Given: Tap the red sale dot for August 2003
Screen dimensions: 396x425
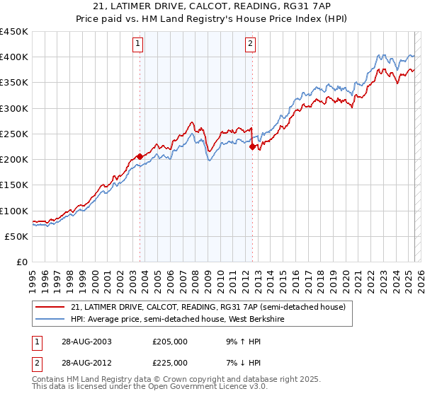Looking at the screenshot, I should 140,156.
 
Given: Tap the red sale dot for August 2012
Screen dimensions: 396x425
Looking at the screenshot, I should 252,146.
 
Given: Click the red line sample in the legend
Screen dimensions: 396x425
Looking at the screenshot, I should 50,308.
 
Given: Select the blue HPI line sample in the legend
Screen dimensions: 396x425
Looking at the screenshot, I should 50,320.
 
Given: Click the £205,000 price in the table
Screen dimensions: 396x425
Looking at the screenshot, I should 170,341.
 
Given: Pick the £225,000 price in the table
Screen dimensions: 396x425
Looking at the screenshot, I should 170,362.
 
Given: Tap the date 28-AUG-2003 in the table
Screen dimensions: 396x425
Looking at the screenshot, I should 82,341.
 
